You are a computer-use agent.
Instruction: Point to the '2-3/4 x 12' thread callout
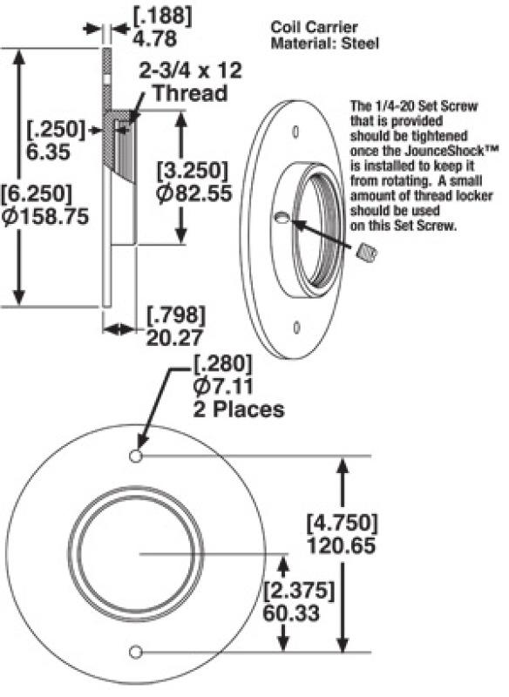click(x=193, y=70)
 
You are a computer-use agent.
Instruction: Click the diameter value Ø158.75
click(x=45, y=218)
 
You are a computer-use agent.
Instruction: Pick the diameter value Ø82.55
click(x=193, y=193)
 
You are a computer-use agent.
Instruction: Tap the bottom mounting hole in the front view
click(x=135, y=652)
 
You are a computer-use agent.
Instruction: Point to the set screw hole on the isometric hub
click(x=282, y=220)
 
